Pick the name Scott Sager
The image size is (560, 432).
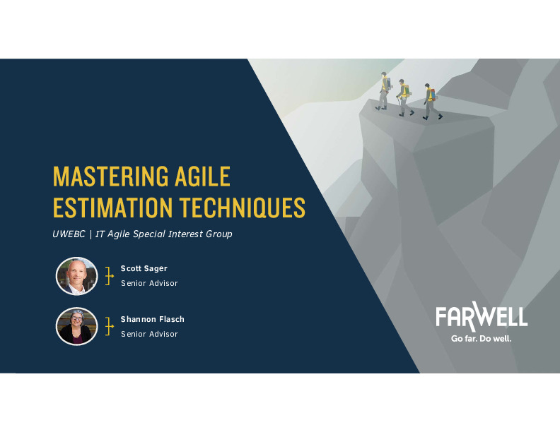tap(144, 268)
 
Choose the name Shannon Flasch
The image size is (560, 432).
tap(152, 319)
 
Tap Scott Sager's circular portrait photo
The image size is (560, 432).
tap(76, 276)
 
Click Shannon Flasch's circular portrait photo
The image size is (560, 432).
tap(76, 326)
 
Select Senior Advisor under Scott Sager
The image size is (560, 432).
tap(149, 283)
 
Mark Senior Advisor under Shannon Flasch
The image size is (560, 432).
tap(149, 334)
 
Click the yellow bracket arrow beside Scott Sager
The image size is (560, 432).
tap(109, 275)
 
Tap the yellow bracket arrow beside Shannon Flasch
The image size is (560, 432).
tap(109, 326)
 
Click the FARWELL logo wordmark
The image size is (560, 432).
tap(482, 317)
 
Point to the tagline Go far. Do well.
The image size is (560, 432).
tap(482, 338)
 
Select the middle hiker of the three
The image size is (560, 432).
tap(404, 97)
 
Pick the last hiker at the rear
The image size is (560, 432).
tap(384, 92)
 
